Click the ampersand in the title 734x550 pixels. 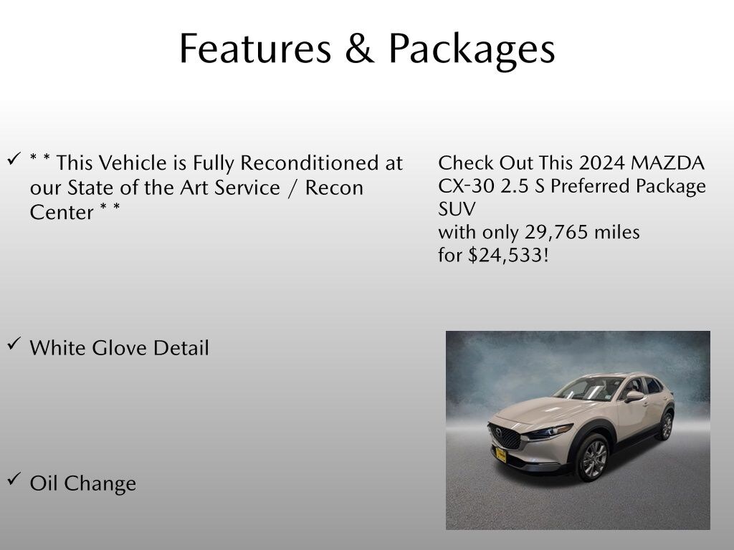(360, 48)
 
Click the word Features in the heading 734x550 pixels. (256, 48)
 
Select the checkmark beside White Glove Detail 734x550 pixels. (14, 344)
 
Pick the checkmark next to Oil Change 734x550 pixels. (14, 479)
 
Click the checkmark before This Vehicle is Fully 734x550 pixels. (14, 159)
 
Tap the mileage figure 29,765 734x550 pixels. (556, 233)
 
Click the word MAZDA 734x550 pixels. (667, 163)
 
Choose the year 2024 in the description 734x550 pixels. (602, 163)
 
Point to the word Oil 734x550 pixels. (44, 483)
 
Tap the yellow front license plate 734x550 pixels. (501, 455)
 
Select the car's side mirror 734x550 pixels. (634, 396)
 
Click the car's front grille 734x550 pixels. (504, 436)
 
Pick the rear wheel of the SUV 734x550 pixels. (666, 425)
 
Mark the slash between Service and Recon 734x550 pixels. (293, 188)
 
